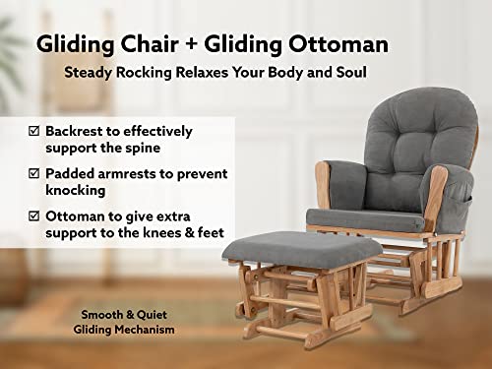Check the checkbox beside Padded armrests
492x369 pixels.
pyautogui.click(x=35, y=174)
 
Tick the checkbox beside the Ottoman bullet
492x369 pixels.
pyautogui.click(x=35, y=216)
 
